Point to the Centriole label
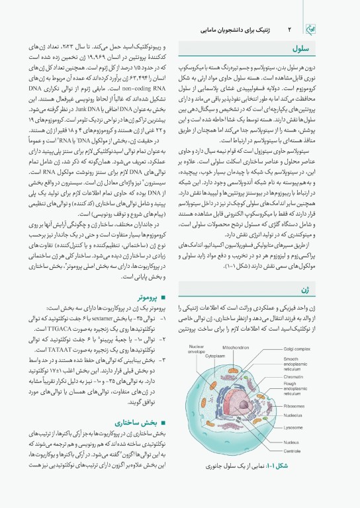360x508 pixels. (x=292, y=450)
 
